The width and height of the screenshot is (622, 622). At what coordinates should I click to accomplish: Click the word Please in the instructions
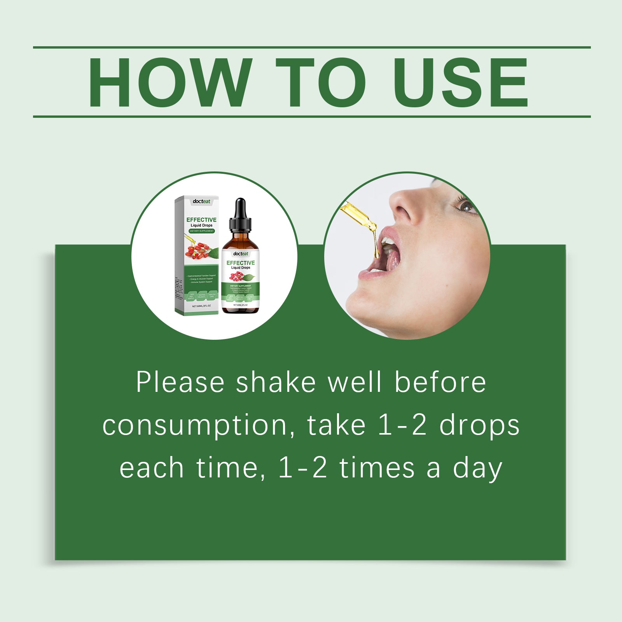pyautogui.click(x=180, y=383)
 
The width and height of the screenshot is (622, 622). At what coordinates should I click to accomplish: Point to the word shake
pyautogui.click(x=276, y=383)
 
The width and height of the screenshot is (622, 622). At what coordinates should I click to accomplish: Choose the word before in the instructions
pyautogui.click(x=440, y=383)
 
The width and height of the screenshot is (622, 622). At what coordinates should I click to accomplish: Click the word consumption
pyautogui.click(x=194, y=426)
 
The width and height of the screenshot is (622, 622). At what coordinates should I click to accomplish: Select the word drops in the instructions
pyautogui.click(x=479, y=426)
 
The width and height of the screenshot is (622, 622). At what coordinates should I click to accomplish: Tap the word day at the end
pyautogui.click(x=478, y=469)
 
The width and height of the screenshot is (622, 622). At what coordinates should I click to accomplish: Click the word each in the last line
pyautogui.click(x=151, y=468)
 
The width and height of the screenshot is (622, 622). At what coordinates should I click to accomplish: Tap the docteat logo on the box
pyautogui.click(x=201, y=201)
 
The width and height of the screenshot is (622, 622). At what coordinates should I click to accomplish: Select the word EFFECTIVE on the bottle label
pyautogui.click(x=241, y=263)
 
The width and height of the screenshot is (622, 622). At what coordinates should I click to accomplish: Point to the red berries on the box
pyautogui.click(x=199, y=250)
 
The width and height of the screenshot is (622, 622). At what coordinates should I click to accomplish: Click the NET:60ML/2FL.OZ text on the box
pyautogui.click(x=201, y=306)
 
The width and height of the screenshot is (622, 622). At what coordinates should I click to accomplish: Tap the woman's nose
pyautogui.click(x=404, y=206)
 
